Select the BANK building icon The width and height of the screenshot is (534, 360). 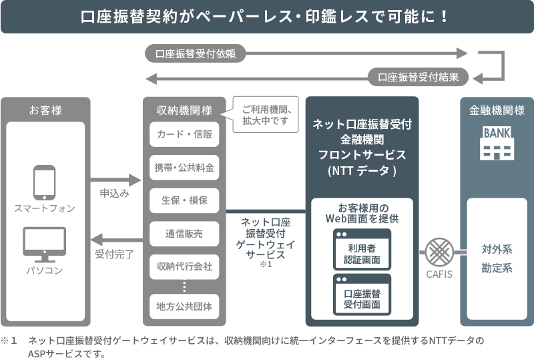497,143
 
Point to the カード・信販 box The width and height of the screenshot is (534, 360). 184,134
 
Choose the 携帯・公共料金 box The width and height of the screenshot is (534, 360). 184,167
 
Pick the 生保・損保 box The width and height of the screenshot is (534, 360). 184,200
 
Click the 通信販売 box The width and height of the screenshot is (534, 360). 184,233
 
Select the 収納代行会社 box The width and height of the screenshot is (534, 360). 184,266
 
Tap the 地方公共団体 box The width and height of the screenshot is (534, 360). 184,307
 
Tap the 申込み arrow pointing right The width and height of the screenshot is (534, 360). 114,180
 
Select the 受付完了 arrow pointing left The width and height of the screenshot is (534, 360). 114,238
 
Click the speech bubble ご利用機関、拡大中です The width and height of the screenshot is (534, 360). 265,114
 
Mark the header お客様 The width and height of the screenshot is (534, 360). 45,110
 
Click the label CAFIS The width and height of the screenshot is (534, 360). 439,274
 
